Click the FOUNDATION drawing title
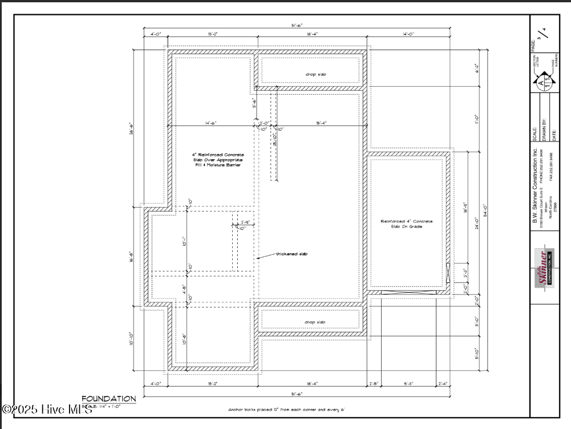pyautogui.click(x=108, y=399)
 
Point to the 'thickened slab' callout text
pyautogui.click(x=291, y=254)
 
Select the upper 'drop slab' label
pyautogui.click(x=315, y=75)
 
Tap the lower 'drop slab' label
pyautogui.click(x=315, y=322)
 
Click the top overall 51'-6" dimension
pyautogui.click(x=296, y=25)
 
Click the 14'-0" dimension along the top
pyautogui.click(x=408, y=35)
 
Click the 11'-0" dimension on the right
pyautogui.click(x=477, y=119)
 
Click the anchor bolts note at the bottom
pyautogui.click(x=286, y=410)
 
